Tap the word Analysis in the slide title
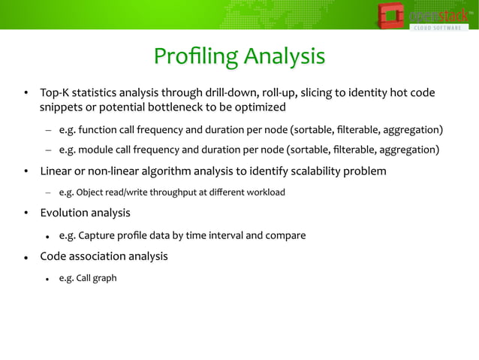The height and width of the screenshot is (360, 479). click(282, 57)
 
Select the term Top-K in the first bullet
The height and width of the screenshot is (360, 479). click(55, 94)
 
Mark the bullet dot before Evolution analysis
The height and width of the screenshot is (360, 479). click(25, 214)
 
